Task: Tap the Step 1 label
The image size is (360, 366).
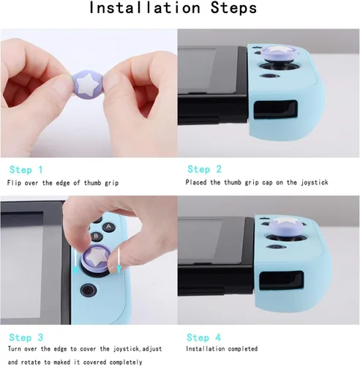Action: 26,169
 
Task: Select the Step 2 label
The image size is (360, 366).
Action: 204,169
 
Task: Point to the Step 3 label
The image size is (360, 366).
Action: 26,337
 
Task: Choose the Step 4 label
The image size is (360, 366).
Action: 204,337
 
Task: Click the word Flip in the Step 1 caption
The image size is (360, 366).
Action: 15,182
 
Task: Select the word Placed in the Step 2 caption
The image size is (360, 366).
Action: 198,182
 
